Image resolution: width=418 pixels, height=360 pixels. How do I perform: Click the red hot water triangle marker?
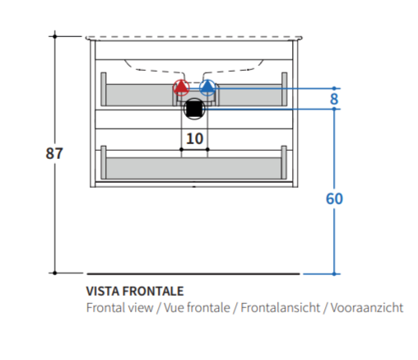(181, 86)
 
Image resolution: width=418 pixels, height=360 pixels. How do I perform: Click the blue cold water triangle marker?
(207, 86)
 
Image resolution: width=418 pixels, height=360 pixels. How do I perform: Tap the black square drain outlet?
(194, 109)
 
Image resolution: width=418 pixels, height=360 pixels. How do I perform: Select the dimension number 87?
(54, 153)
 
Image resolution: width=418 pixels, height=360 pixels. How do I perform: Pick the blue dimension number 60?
(334, 199)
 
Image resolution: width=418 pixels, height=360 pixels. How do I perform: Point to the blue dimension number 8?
(334, 99)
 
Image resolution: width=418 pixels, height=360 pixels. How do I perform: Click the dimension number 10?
(194, 138)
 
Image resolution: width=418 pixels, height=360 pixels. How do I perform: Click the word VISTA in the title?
(103, 291)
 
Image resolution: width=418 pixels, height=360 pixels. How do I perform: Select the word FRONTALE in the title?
(153, 291)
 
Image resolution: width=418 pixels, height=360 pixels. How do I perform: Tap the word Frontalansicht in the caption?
(281, 307)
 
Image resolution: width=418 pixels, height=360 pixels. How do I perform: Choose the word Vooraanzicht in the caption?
(367, 307)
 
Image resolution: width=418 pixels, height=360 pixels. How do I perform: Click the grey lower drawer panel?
(194, 168)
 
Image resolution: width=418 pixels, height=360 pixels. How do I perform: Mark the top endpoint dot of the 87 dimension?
(55, 36)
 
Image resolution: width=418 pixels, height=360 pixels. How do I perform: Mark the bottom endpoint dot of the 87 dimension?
(54, 273)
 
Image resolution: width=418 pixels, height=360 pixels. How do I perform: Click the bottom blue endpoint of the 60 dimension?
(334, 274)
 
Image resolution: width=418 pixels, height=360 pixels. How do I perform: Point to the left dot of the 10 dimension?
(181, 149)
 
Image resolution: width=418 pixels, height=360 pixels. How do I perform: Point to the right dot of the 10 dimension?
(207, 149)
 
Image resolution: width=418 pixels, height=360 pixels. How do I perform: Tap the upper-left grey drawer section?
(139, 95)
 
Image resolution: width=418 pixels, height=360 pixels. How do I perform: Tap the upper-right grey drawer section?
(250, 95)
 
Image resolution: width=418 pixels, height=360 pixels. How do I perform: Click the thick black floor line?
(193, 274)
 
